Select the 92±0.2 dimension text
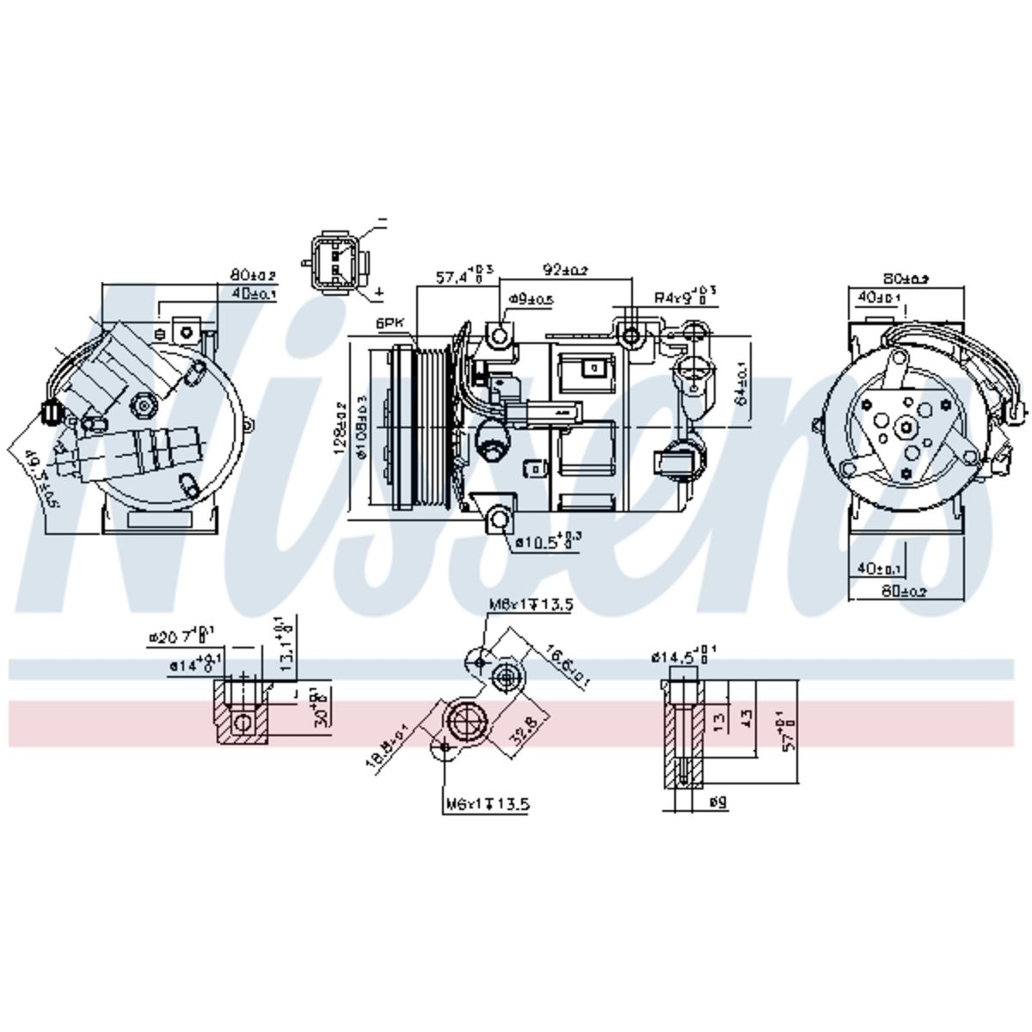(564, 270)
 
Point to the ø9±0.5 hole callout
(531, 299)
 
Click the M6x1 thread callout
(486, 805)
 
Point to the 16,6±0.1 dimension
(567, 666)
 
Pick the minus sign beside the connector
(381, 222)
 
